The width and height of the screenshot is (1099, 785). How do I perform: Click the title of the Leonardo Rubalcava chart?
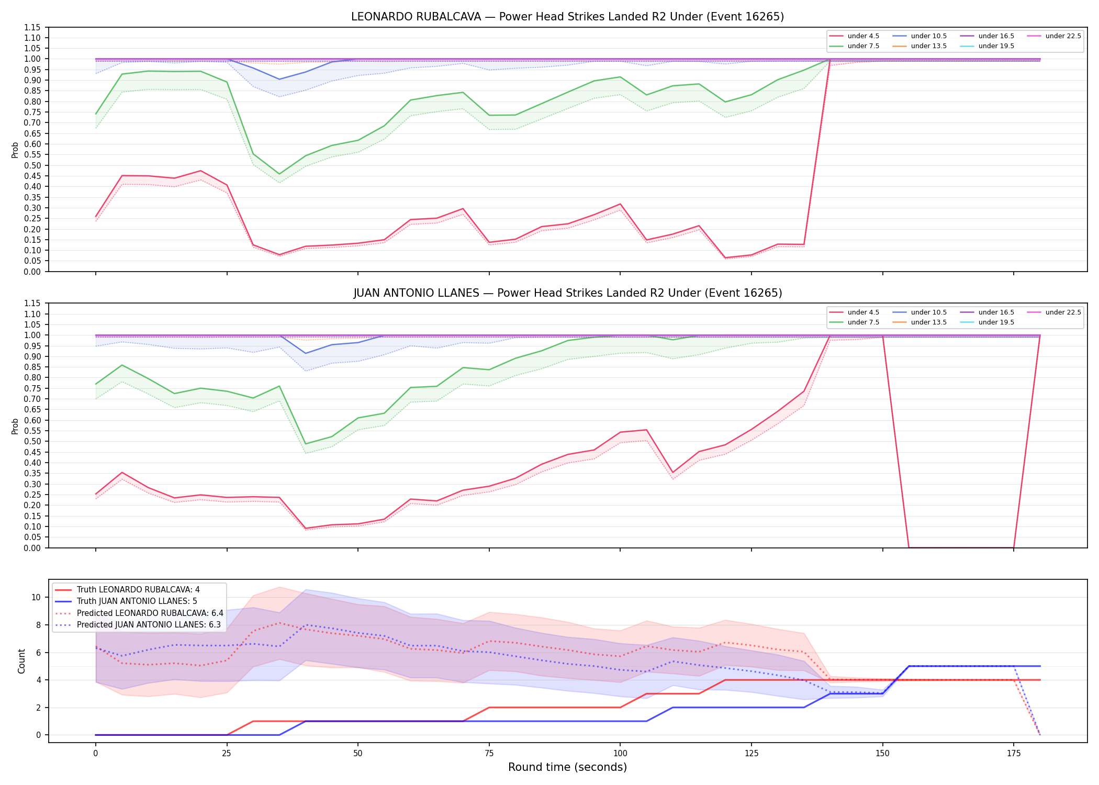pyautogui.click(x=567, y=17)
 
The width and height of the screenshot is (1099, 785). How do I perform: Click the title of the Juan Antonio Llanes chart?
pyautogui.click(x=567, y=293)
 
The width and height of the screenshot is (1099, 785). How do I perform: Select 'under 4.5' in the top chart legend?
pyautogui.click(x=863, y=36)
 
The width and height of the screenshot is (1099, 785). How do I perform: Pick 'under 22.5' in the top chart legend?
pyautogui.click(x=1063, y=36)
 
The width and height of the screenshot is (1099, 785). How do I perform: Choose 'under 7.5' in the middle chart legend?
pyautogui.click(x=863, y=322)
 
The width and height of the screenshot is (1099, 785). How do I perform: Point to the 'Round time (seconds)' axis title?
pyautogui.click(x=567, y=767)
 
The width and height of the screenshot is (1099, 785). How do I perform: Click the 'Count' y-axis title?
pyautogui.click(x=21, y=661)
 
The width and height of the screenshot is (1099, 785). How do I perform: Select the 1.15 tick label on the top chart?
pyautogui.click(x=32, y=27)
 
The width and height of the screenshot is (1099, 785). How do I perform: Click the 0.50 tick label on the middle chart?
pyautogui.click(x=32, y=442)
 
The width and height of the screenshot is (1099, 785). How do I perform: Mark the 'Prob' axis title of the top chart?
pyautogui.click(x=15, y=150)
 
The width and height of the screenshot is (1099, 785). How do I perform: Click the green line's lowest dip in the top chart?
pyautogui.click(x=279, y=174)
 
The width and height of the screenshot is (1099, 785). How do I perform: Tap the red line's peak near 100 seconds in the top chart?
pyautogui.click(x=620, y=204)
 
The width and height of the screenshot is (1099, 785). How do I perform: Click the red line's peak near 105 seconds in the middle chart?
pyautogui.click(x=646, y=430)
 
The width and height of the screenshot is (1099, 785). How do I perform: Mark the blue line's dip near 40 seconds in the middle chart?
pyautogui.click(x=306, y=353)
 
